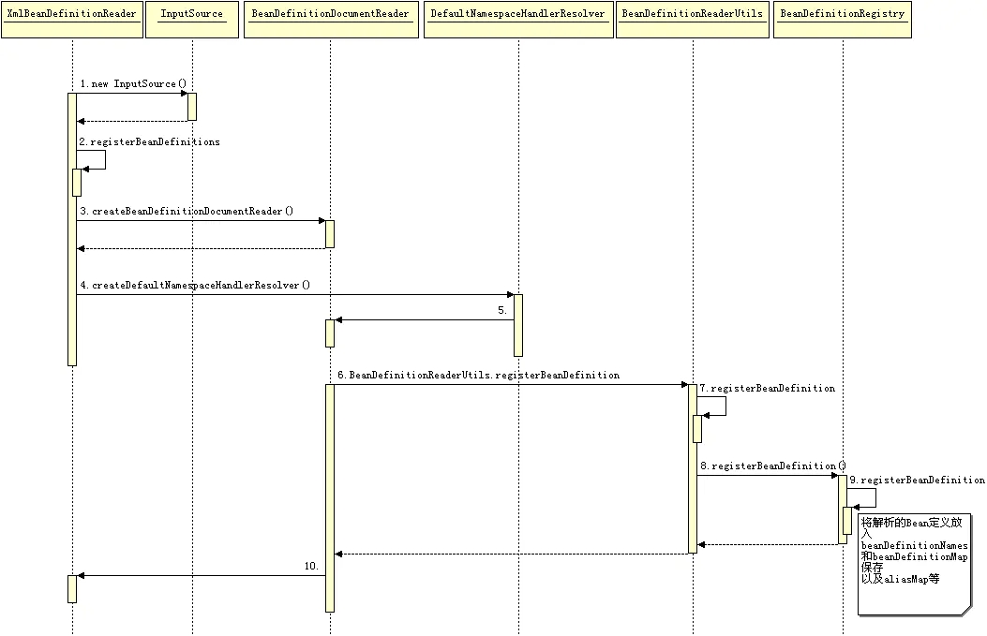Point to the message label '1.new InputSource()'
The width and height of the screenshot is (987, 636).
click(133, 84)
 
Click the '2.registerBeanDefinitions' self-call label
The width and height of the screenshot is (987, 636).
click(150, 142)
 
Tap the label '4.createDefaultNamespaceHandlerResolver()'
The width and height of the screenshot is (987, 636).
click(195, 285)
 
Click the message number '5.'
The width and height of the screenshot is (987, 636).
click(502, 310)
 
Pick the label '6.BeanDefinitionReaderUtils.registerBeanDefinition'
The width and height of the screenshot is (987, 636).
click(479, 376)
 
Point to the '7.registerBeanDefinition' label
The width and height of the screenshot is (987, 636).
click(767, 389)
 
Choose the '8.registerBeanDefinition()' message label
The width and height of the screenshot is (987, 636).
click(773, 466)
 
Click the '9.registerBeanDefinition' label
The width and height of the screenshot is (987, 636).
click(917, 481)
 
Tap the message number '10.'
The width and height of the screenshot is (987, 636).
click(311, 567)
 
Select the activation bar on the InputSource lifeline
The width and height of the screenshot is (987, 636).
click(192, 106)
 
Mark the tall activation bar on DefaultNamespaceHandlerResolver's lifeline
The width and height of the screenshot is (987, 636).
click(518, 325)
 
